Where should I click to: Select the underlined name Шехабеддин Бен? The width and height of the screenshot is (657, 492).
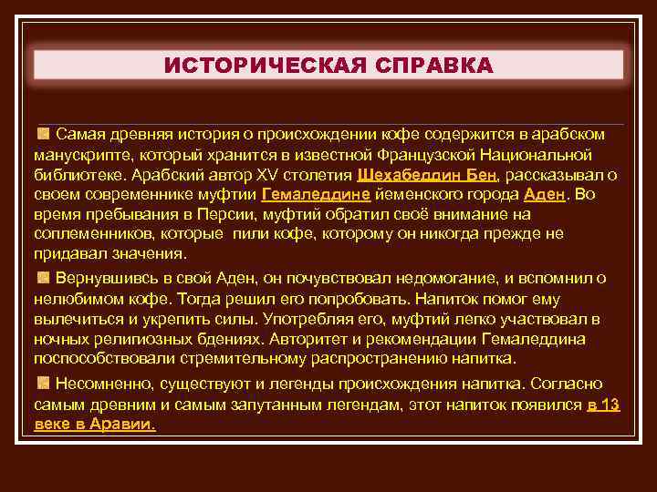coord(428,174)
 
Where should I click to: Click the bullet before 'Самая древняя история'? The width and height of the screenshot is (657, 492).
coord(43,134)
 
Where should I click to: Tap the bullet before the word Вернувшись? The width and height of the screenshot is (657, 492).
coord(43,277)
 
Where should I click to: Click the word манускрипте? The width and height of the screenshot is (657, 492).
coord(83,154)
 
